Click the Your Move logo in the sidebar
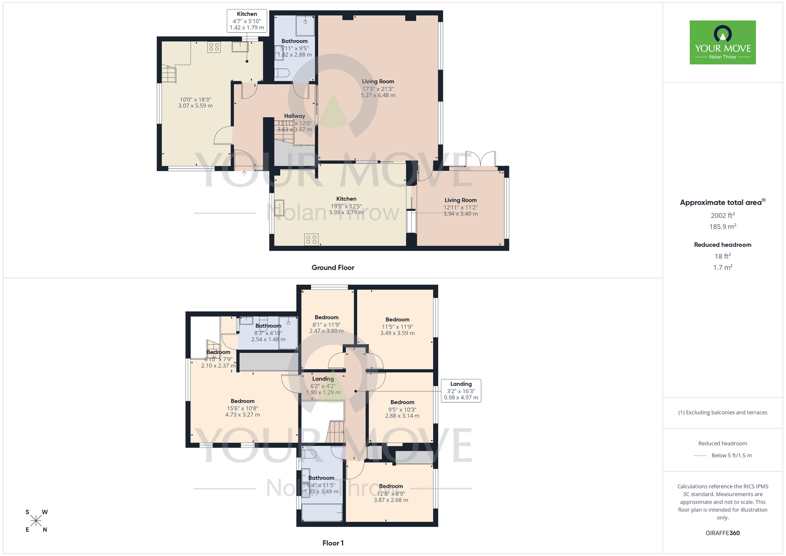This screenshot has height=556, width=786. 722,42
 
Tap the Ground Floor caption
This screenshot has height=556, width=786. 333,268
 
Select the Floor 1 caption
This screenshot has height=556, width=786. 333,543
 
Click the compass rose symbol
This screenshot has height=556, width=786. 36,521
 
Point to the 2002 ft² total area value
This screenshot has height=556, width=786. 722,215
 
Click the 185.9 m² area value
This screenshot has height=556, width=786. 722,226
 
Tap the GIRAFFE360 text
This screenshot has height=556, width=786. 722,533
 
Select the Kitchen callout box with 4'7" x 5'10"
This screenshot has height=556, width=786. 247,21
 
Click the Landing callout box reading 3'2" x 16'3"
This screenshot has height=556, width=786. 461,390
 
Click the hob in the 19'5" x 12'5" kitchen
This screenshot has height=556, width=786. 311,239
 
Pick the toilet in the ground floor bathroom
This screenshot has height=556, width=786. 282,73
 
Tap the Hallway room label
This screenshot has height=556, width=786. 294,116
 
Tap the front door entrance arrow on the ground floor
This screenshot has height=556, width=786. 244,172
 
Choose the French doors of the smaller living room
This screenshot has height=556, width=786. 480,159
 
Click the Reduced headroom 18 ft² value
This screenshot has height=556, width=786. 722,256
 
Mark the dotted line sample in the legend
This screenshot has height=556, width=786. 700,456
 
